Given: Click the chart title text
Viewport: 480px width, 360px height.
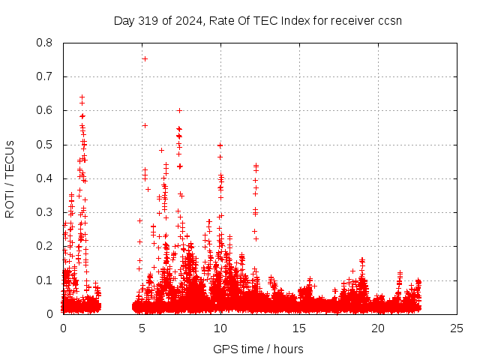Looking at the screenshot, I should tap(257, 20).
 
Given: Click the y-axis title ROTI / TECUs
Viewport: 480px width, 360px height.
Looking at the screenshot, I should tap(10, 178).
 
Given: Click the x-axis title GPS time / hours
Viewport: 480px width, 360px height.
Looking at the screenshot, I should tap(258, 349).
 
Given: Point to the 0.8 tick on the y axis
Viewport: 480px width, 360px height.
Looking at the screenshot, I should tap(46, 43).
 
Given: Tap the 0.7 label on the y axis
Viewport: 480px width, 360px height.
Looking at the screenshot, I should tap(46, 76).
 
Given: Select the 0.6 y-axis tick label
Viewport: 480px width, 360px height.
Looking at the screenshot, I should tap(46, 110).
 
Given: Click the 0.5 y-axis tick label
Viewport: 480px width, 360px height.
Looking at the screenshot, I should tap(46, 145).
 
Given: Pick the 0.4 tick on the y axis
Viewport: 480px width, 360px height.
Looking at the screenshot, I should tap(46, 178).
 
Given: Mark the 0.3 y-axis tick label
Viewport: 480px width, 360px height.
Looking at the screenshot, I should tap(46, 212).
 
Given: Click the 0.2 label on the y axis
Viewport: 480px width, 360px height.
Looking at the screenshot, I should tap(46, 246).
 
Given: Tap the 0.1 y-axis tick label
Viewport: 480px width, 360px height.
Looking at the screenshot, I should tap(46, 280).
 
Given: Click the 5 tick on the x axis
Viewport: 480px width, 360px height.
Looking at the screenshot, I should tap(142, 328).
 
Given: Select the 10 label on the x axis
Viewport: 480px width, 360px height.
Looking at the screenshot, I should tap(220, 328).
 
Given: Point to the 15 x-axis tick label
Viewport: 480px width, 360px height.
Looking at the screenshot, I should tap(299, 328).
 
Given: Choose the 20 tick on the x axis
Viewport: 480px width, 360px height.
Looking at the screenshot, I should tap(378, 328).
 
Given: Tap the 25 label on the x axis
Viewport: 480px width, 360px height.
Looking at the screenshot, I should tap(457, 328).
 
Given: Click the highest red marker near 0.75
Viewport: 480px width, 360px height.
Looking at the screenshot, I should tap(145, 58).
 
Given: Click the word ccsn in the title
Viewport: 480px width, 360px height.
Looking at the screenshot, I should tap(389, 20).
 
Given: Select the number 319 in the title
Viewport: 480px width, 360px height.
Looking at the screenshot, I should tap(147, 20).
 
